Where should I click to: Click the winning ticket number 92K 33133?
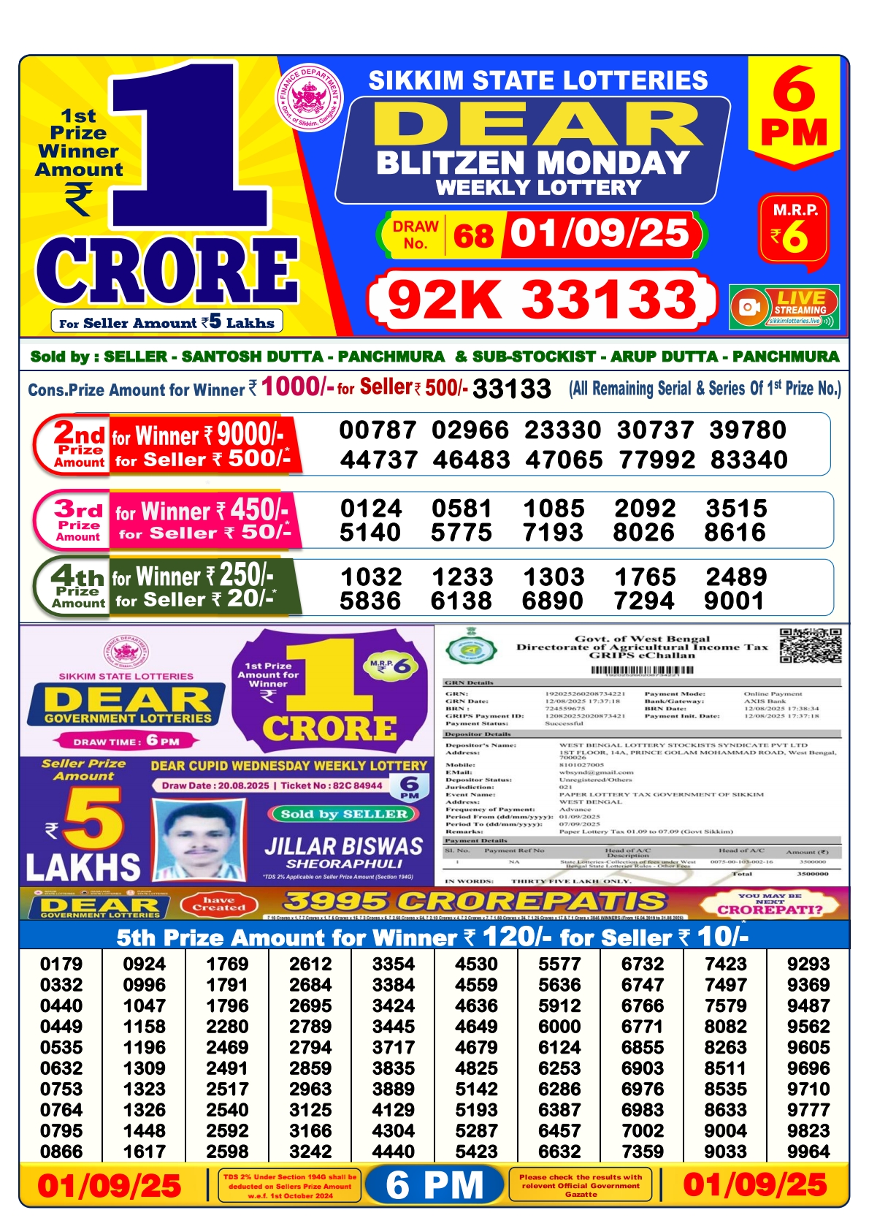tap(542, 300)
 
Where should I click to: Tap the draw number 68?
tap(473, 235)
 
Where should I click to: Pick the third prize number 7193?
tap(553, 533)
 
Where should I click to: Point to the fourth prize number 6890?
tap(553, 601)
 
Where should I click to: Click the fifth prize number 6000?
tap(559, 1027)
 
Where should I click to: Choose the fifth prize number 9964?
tap(808, 1152)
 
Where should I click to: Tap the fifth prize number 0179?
tap(61, 964)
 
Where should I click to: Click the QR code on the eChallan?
tap(810, 645)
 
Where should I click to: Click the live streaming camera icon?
tap(749, 307)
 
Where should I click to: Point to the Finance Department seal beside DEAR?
tap(310, 98)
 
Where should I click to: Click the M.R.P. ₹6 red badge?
tap(794, 229)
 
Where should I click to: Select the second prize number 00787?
tap(378, 430)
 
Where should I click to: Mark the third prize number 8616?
tap(735, 533)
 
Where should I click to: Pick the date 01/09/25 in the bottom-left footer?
tap(109, 1185)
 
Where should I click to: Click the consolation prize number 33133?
tap(511, 389)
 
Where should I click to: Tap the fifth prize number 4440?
tap(394, 1152)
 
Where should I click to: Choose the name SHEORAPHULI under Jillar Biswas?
tap(344, 864)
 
